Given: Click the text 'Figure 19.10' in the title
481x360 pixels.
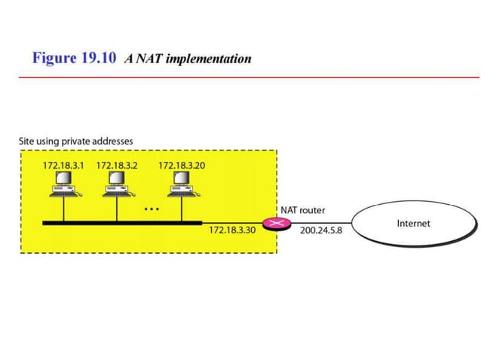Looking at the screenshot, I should [x=74, y=59].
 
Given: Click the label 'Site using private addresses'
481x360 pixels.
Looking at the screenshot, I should [x=75, y=141].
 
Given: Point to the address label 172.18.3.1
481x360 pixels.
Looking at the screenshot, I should [x=63, y=164].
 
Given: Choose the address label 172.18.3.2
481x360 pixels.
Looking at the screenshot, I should [x=116, y=164].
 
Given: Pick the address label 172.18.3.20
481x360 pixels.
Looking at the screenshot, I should [x=181, y=164].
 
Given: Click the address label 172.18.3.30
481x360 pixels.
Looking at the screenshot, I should [x=231, y=230].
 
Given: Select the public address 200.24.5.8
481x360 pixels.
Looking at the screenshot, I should [x=321, y=230].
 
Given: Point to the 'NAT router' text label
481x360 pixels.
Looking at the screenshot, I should [x=302, y=210].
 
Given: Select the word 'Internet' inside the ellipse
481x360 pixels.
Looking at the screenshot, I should [x=413, y=224].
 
